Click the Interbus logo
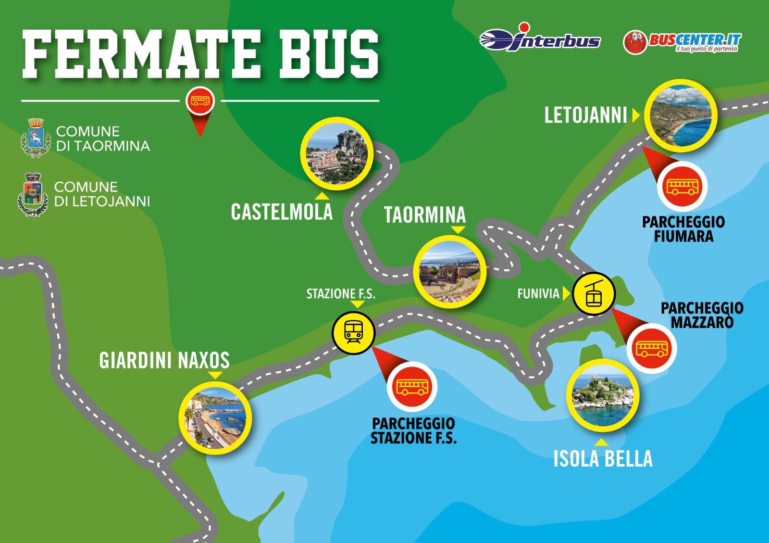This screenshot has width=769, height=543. coord(540,40)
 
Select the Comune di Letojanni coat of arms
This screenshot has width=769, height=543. coord(33,195)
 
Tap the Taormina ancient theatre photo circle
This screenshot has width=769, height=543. coord(450,272)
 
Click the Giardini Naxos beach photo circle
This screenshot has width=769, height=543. coord(215,417)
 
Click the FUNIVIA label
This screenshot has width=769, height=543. coord(538,293)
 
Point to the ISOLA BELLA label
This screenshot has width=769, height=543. coord(603,458)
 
